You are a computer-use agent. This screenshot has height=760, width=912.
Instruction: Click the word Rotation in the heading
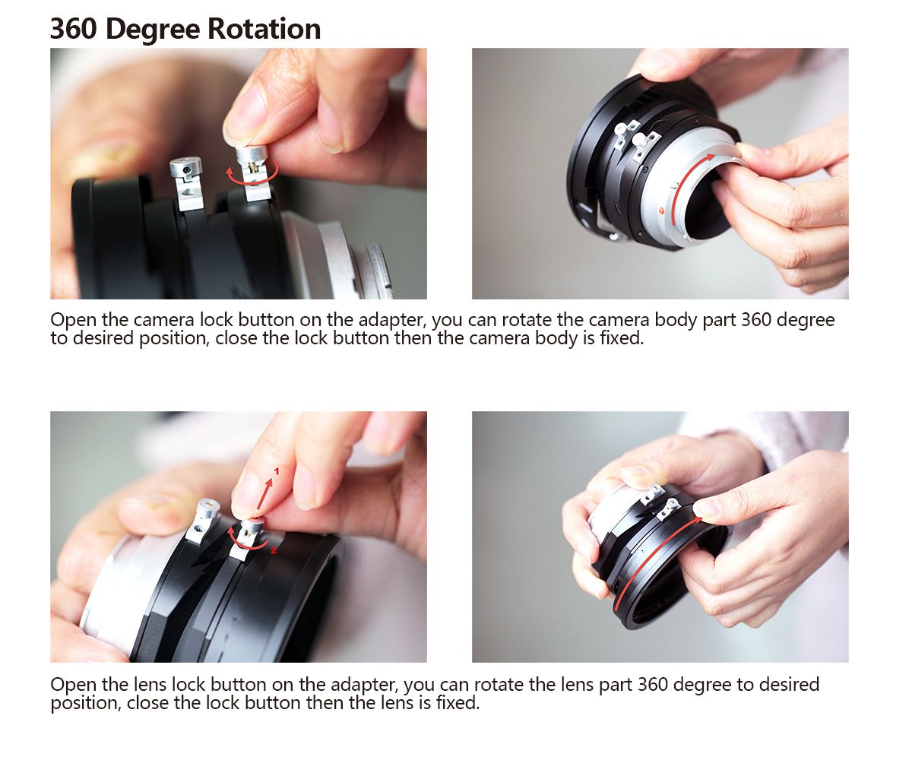point(264,29)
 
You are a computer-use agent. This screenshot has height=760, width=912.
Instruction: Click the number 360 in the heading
point(74,29)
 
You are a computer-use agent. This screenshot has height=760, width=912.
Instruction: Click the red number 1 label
point(276,471)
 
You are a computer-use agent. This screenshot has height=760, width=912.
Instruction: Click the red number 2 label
point(274,550)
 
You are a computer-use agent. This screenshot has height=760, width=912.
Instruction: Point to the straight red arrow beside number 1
point(265,493)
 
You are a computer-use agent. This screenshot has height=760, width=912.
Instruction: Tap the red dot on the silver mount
point(662,211)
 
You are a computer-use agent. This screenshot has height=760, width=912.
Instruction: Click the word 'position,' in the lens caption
point(86,704)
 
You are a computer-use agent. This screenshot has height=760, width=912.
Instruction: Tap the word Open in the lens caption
point(74,686)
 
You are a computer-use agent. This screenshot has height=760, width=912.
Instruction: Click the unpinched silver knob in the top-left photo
point(186,183)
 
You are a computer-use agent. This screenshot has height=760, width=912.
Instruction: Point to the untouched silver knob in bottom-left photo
point(201,520)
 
